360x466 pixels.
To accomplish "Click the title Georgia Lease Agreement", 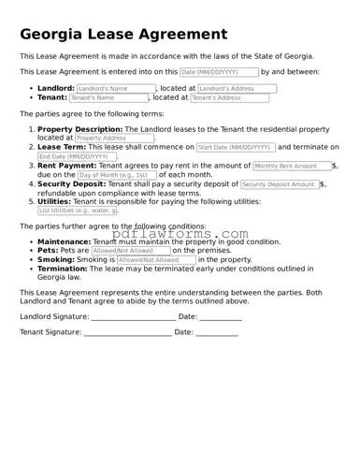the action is coord(123,35).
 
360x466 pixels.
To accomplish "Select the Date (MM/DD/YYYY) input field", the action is coord(219,72).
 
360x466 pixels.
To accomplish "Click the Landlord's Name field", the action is coord(115,89).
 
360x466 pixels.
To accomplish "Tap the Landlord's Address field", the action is coord(238,89).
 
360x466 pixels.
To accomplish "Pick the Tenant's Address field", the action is coord(229,97).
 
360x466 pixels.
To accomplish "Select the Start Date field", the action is coord(236,147).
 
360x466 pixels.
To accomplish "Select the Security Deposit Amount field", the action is coord(280,184).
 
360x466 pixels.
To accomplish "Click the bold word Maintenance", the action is coord(65,241).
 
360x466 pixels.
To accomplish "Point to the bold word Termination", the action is coord(64,269).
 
